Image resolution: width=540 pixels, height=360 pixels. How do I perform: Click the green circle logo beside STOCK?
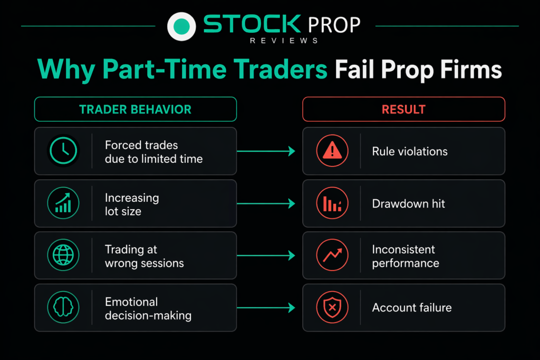[x=181, y=26]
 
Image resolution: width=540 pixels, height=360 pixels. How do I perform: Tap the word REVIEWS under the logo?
[x=284, y=41]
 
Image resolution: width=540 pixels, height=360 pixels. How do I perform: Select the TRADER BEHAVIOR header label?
[x=136, y=110]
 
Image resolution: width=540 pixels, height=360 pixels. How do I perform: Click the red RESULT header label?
[x=403, y=110]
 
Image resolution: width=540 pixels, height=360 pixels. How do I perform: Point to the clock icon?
[x=63, y=151]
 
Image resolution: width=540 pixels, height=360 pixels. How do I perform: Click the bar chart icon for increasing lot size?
[x=63, y=203]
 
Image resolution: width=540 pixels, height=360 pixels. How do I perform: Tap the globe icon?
[x=63, y=255]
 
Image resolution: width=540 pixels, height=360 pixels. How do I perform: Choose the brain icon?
[x=63, y=307]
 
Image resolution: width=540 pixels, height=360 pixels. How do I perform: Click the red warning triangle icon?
[x=332, y=151]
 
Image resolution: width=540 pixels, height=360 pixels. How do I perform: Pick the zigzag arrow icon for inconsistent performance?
[x=332, y=255]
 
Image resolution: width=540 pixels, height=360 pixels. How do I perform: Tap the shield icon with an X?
[x=332, y=307]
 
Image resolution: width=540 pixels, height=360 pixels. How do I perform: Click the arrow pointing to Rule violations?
[x=266, y=151]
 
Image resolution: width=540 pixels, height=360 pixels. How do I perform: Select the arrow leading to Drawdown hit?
[x=266, y=203]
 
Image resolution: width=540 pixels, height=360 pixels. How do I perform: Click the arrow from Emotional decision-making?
[x=266, y=308]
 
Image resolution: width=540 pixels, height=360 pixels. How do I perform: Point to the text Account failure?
[x=412, y=307]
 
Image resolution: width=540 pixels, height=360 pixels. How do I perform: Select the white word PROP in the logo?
[x=334, y=25]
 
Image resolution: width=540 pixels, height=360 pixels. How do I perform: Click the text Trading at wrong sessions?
[x=144, y=256]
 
